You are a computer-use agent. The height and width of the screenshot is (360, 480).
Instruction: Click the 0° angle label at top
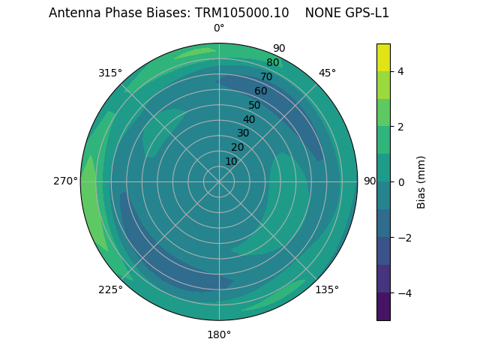(x=219, y=28)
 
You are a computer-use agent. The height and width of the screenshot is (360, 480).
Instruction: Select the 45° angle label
(x=327, y=73)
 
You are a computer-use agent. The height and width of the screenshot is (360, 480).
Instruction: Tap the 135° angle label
(x=327, y=289)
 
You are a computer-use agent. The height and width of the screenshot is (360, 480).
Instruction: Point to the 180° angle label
(x=219, y=334)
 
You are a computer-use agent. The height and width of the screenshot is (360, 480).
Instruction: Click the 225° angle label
(x=110, y=289)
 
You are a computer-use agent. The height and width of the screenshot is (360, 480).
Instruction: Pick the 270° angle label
(x=65, y=181)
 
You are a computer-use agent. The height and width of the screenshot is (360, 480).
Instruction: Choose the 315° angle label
(x=110, y=73)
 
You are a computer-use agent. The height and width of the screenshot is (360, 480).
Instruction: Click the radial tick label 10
(x=231, y=161)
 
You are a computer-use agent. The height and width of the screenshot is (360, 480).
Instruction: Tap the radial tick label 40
(x=249, y=119)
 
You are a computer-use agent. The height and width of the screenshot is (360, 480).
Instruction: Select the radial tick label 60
(x=261, y=91)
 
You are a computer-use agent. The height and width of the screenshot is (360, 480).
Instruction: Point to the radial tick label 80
(x=273, y=63)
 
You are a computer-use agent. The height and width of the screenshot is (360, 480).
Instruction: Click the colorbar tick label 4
(x=401, y=71)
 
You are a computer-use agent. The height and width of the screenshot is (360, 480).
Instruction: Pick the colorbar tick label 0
(x=401, y=182)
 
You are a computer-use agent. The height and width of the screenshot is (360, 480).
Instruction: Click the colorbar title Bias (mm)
(x=421, y=182)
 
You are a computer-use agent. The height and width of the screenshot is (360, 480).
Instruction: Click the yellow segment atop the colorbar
(x=383, y=57)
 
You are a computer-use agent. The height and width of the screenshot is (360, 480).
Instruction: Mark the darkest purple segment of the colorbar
(x=383, y=307)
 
